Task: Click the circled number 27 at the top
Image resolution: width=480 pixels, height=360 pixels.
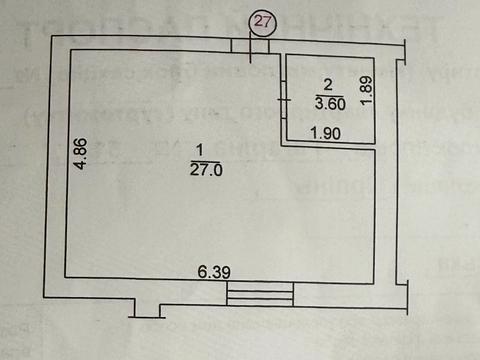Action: (262, 21)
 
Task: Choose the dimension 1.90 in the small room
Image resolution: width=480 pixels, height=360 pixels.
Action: (323, 134)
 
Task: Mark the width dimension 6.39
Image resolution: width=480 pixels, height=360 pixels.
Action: (212, 272)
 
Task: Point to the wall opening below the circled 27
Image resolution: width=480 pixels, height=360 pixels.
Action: (251, 46)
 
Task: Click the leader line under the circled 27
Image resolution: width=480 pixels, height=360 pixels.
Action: (253, 48)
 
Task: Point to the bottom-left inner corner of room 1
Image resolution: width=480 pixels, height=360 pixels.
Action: (68, 279)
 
